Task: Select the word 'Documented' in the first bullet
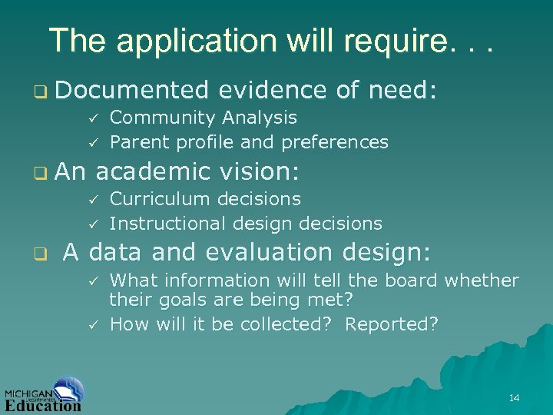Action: pos(132,91)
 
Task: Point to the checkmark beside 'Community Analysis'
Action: pos(91,118)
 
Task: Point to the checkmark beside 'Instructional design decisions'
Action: pos(91,224)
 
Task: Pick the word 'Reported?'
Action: pos(392,324)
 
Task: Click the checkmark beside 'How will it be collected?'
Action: pos(91,324)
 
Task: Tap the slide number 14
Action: pos(514,397)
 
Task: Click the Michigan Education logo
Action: pos(44,394)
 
